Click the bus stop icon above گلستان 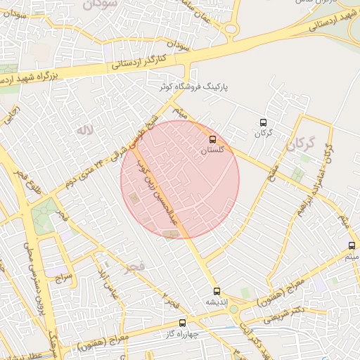(x=213, y=139)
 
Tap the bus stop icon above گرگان (x=264, y=122)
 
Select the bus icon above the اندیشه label (x=216, y=290)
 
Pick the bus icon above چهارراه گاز (x=183, y=323)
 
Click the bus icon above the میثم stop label (x=352, y=245)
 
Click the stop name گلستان (x=212, y=150)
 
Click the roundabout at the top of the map (x=231, y=29)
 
